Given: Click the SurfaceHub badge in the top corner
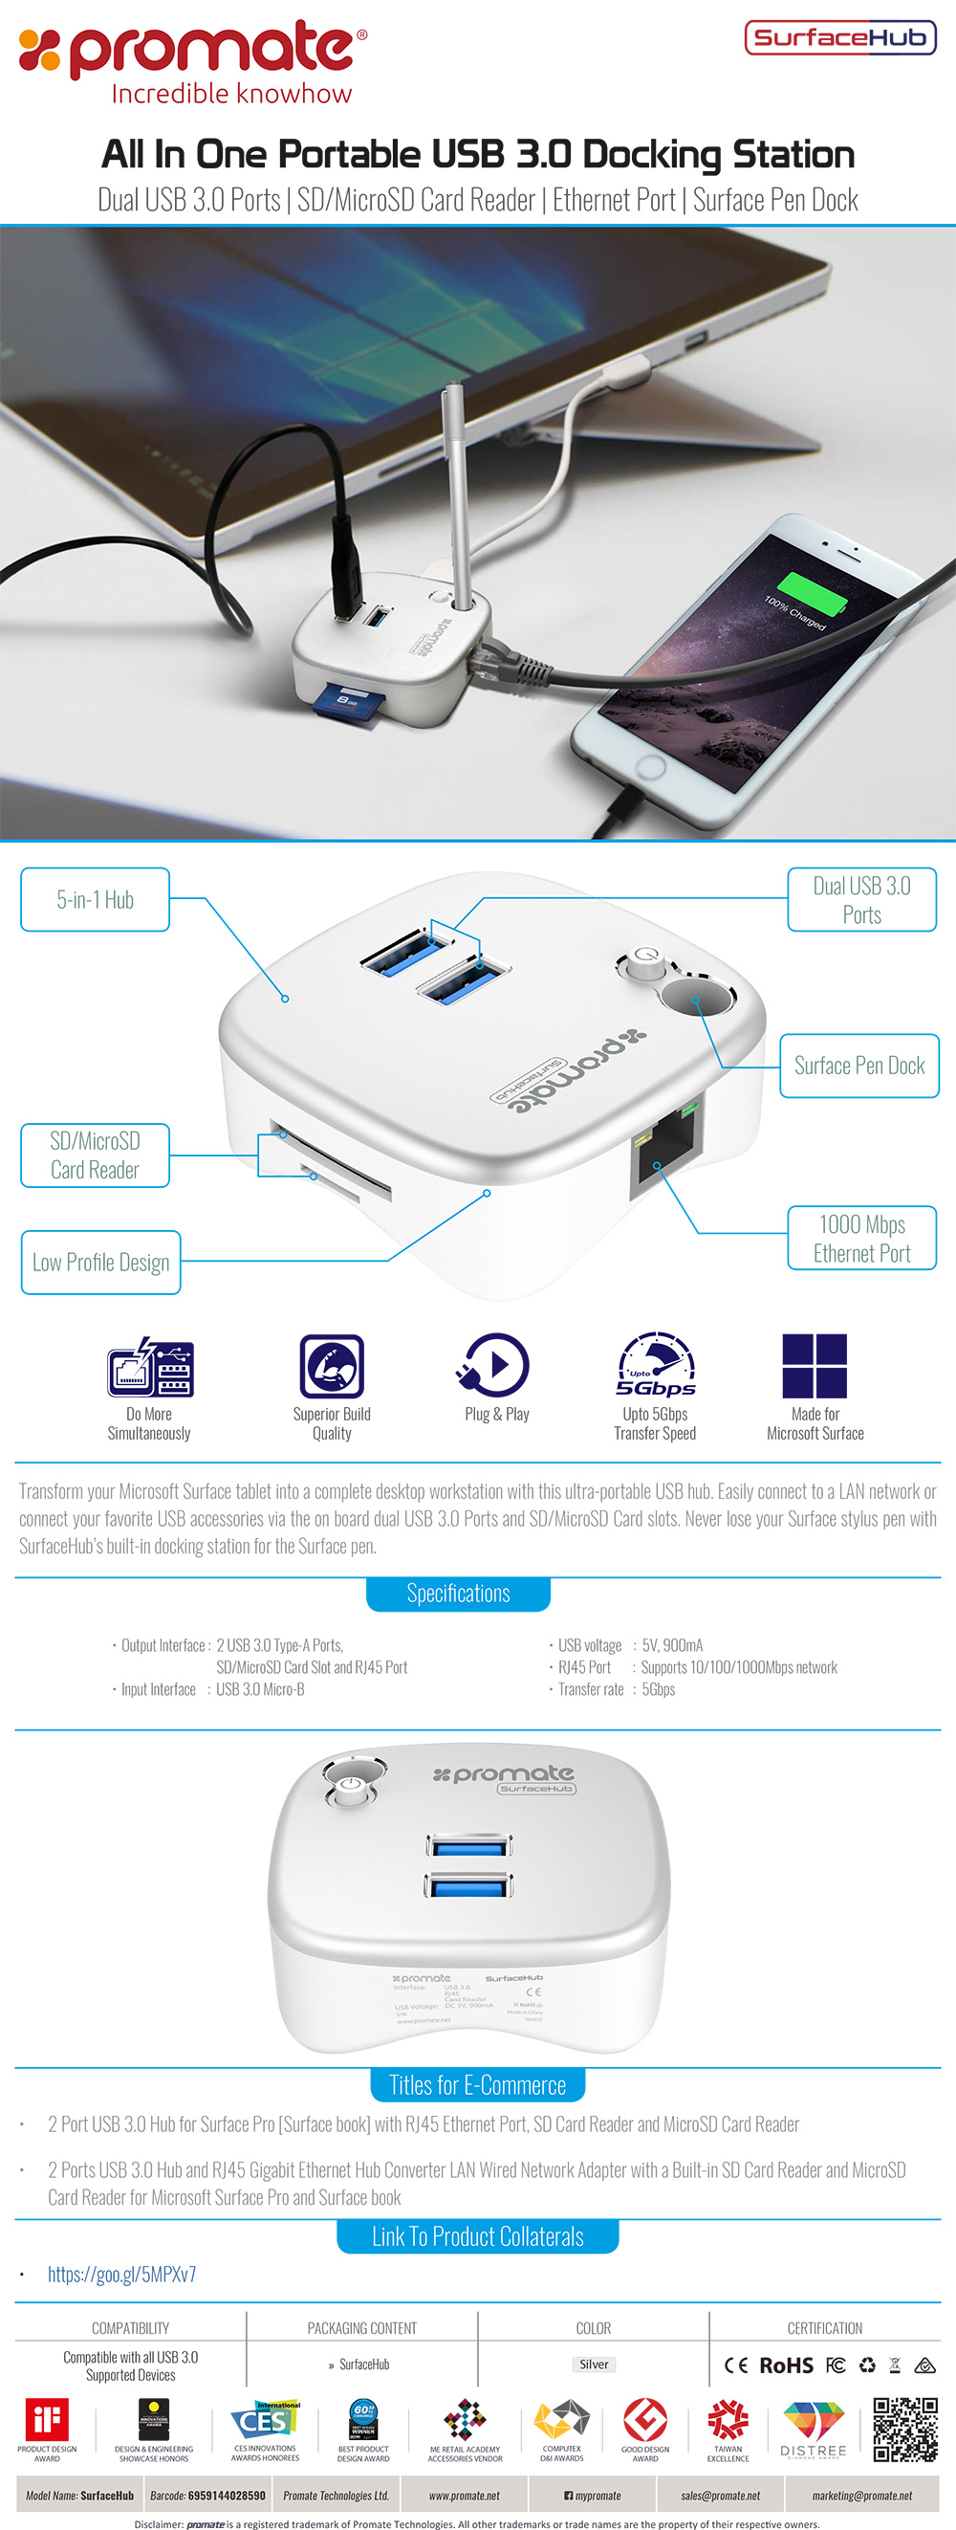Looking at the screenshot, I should point(840,37).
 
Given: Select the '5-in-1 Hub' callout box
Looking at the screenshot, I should point(96,900).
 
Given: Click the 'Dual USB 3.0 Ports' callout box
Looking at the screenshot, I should point(861,900).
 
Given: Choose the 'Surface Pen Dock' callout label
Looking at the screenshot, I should point(858,1066).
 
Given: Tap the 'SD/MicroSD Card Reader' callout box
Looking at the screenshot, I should point(96,1156).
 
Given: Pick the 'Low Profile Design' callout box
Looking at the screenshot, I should point(101,1262).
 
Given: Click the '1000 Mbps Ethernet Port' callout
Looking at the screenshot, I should point(861,1239).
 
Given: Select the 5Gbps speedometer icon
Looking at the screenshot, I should point(656,1364).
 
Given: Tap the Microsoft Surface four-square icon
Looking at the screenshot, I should point(815,1365).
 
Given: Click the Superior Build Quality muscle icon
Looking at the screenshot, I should point(332,1365).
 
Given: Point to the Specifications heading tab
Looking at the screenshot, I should point(458,1594).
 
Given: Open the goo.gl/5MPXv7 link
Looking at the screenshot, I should point(121,2275).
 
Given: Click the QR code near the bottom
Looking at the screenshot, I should point(905,2429).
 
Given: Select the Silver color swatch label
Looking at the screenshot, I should point(594,2365).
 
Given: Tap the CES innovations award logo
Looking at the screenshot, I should point(265,2422).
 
